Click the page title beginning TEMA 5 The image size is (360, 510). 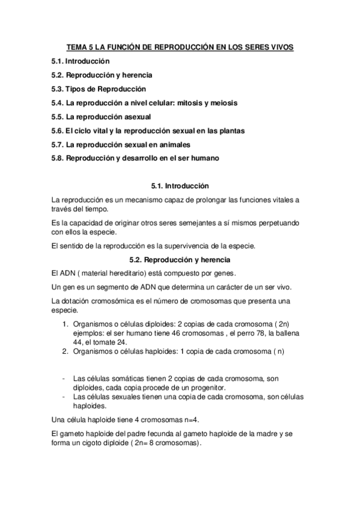point(180,47)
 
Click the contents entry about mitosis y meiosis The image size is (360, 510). point(144,103)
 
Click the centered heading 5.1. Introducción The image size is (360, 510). point(180,186)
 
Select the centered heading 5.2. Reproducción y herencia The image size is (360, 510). point(180,260)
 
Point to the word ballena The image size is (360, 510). point(287,333)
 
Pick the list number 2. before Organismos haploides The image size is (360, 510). point(66,351)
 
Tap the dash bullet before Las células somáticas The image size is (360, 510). point(64,379)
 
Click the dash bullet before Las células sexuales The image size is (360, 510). point(64,397)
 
